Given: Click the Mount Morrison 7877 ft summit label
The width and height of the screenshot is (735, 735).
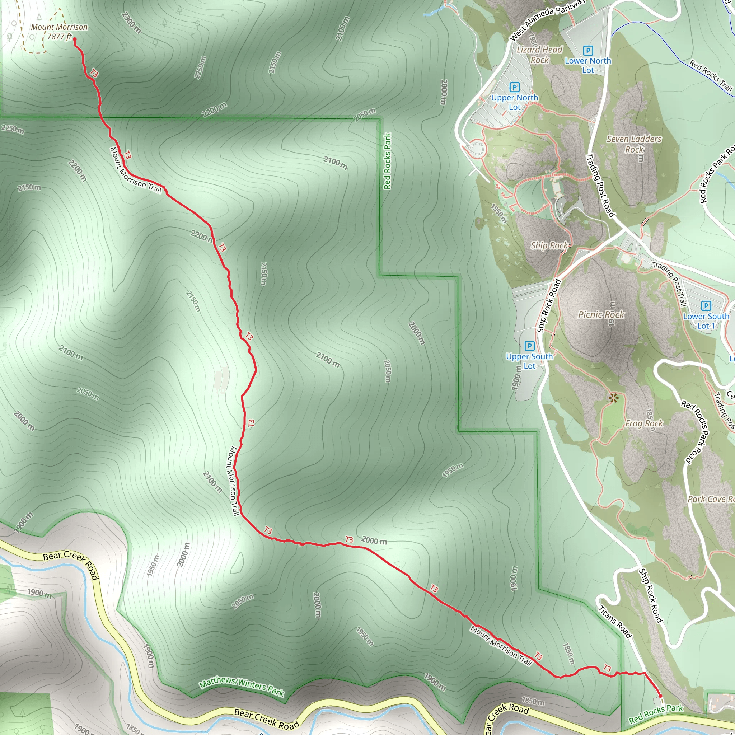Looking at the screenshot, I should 59,32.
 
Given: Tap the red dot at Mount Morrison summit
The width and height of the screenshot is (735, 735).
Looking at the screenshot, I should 75,39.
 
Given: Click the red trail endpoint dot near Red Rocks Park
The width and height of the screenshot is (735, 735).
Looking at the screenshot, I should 660,696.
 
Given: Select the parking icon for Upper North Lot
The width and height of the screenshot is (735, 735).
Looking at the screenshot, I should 514,88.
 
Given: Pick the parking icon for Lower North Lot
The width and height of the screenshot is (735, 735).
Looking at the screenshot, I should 588,51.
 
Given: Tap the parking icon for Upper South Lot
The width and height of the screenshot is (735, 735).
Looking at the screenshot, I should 529,346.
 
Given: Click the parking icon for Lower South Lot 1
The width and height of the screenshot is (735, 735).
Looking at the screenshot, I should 706,305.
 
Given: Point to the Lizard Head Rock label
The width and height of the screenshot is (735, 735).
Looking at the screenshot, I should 539,55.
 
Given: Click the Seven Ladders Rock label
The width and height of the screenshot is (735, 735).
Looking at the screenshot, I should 634,144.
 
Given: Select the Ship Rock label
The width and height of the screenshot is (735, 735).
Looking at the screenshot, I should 549,245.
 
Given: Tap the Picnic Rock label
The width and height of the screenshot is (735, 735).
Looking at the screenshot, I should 601,315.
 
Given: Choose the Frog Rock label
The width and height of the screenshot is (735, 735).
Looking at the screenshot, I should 644,423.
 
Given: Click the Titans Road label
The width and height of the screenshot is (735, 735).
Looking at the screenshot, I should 615,622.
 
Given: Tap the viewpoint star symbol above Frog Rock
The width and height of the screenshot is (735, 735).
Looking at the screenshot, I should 613,398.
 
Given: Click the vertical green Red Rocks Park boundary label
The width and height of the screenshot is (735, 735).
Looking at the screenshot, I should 387,161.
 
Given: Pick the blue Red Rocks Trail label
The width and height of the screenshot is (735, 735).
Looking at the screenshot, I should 711,75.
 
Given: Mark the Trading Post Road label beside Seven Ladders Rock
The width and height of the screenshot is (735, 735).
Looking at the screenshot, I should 600,186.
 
